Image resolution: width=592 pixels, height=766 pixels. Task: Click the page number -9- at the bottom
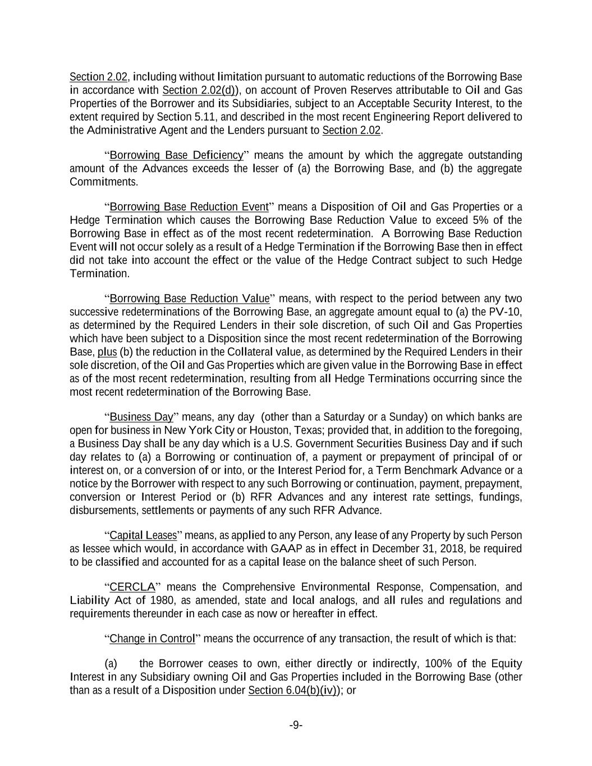coord(296,726)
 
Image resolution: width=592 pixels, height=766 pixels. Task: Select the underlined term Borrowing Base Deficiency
coord(176,155)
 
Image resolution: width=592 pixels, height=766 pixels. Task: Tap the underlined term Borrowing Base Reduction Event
coord(189,207)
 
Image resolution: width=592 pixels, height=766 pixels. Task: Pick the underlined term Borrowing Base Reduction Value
coord(189,298)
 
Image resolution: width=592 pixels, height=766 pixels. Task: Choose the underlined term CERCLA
coord(132,587)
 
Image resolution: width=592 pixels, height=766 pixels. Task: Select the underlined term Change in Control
coord(152,639)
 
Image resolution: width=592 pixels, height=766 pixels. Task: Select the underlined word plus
coord(107,352)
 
